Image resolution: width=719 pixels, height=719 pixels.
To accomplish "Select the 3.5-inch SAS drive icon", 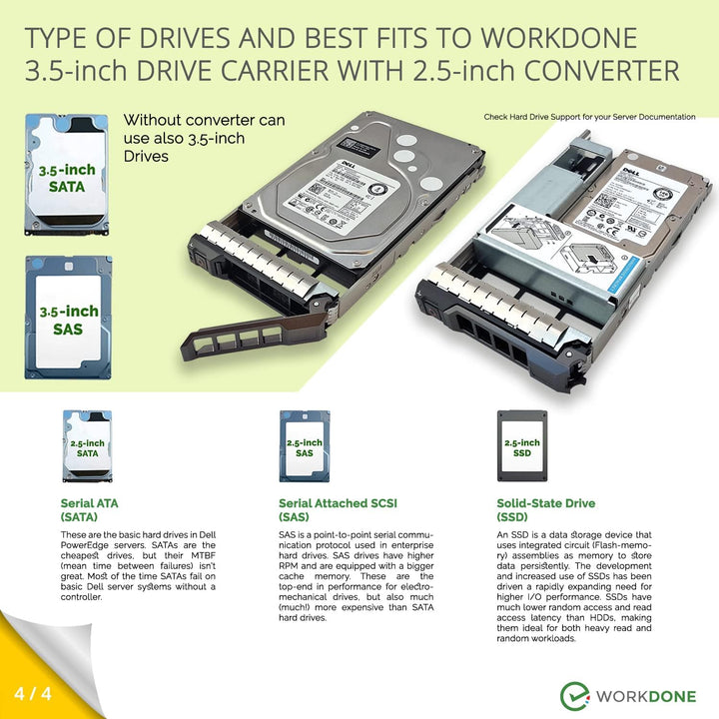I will click(68, 318).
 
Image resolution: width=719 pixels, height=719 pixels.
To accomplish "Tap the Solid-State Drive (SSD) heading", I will click(545, 510).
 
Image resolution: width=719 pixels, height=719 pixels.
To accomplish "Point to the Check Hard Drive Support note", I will click(589, 117).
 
